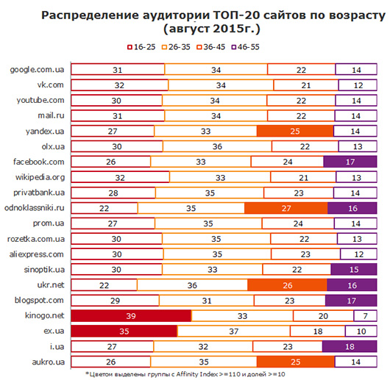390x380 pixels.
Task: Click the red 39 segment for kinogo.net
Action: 131,315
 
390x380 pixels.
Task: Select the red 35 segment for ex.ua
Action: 125,331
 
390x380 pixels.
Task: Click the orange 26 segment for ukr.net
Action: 288,284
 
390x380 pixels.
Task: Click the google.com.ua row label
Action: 40,70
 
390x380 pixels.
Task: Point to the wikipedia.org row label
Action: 41,177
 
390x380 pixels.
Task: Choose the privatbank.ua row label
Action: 41,193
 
